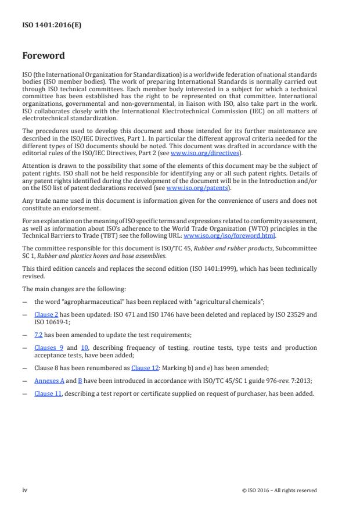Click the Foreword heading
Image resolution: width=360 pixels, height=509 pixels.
44,56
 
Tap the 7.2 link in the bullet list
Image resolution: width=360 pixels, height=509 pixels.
39,335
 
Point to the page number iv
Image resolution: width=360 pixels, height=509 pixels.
25,490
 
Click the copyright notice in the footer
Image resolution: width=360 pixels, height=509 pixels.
279,490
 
